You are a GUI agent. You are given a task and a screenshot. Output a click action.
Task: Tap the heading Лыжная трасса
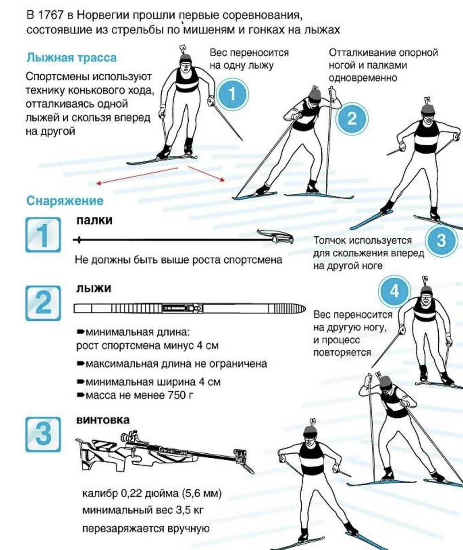72,58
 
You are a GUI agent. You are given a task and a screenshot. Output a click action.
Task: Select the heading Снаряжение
65,201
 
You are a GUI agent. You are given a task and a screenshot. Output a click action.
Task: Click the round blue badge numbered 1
232,94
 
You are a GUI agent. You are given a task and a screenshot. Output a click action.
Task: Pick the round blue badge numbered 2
352,119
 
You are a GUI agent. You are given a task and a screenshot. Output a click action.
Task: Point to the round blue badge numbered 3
441,241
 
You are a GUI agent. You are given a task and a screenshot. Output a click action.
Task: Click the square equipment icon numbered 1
43,235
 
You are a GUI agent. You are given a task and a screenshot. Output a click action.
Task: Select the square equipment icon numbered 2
43,303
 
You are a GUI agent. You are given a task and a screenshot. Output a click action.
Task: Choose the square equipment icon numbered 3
43,434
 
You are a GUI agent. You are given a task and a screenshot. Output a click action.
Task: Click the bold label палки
94,220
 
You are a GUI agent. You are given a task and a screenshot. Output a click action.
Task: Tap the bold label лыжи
94,289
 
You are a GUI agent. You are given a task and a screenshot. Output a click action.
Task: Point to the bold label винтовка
103,420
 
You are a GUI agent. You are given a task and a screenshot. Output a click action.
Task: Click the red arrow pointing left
137,176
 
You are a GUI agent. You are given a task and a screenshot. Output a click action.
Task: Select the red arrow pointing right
206,174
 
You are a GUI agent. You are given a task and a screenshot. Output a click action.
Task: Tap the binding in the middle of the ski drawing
182,308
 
